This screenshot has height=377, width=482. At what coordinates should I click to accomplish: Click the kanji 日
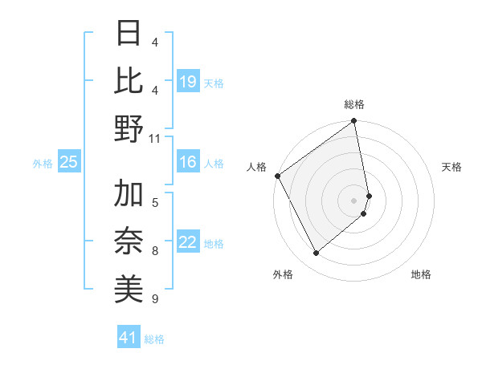point(129,34)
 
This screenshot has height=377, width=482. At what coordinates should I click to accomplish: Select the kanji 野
point(129,128)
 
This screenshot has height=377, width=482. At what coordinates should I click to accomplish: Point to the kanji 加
point(129,194)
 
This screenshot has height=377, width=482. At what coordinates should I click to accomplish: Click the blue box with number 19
point(188,82)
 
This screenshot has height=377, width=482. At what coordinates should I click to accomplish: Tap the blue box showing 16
point(188,163)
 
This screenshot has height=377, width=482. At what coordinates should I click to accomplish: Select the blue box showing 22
point(188,243)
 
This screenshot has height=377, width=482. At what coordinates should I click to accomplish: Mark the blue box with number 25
point(69,163)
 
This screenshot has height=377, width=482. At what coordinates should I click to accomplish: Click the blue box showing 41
point(129,338)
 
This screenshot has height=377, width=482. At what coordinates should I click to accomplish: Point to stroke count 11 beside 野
point(155,138)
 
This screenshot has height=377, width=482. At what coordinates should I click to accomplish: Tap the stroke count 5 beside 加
point(155,202)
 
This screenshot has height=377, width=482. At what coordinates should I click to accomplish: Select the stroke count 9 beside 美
point(155,299)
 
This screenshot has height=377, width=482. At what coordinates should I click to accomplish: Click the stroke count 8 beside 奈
point(155,251)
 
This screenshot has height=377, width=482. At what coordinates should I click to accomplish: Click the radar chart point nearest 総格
point(353,122)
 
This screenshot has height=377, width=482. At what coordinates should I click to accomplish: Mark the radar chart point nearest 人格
point(277,176)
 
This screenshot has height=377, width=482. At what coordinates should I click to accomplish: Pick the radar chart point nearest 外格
point(316,253)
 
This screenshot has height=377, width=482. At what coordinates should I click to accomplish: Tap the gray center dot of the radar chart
point(353,200)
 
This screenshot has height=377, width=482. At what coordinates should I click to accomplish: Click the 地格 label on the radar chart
point(421,274)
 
